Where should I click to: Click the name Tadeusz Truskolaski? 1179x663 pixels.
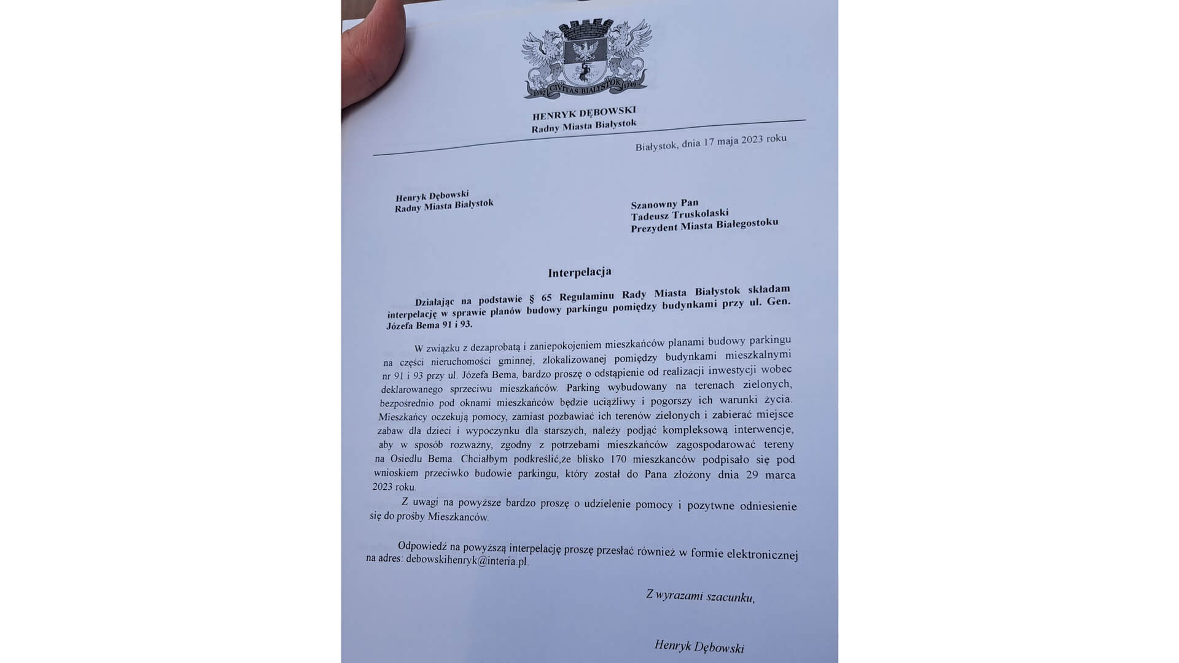[x=680, y=214]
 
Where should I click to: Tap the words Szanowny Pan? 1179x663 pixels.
[x=664, y=203]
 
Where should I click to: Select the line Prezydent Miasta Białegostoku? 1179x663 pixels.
[x=704, y=225]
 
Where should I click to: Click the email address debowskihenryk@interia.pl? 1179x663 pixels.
[x=467, y=560]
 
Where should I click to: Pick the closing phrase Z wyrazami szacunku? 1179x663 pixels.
[x=699, y=595]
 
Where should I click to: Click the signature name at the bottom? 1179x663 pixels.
[x=699, y=646]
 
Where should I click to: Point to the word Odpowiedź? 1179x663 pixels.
[x=422, y=546]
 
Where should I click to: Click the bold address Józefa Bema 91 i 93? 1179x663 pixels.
[x=430, y=325]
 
